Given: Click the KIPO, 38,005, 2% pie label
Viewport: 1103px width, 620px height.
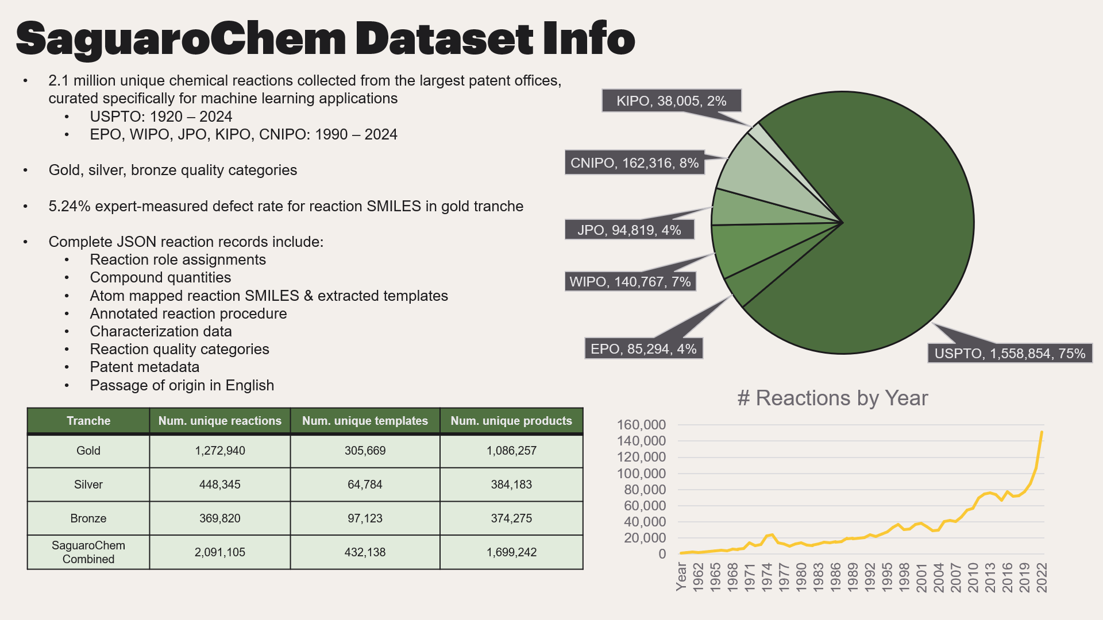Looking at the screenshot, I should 671,101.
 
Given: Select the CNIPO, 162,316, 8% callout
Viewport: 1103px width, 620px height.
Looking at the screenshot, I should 634,163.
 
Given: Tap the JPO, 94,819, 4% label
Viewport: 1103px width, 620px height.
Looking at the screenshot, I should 629,230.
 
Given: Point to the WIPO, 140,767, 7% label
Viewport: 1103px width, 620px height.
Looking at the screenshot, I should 630,282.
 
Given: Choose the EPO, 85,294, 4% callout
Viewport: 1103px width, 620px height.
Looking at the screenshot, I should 643,349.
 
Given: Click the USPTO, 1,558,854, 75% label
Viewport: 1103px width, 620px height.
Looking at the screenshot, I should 1009,354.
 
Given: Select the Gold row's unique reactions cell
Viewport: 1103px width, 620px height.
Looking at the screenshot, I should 220,451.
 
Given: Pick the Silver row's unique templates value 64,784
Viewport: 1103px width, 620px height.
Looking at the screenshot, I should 365,485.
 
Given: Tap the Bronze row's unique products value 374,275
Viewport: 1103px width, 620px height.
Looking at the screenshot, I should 511,519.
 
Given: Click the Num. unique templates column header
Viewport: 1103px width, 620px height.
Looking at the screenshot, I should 365,421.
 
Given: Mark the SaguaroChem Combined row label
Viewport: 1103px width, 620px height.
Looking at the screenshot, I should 88,552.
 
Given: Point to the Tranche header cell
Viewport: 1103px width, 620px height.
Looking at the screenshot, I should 88,421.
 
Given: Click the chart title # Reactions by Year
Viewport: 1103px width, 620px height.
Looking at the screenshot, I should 832,398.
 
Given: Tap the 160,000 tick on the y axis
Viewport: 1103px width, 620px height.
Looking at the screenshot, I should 641,425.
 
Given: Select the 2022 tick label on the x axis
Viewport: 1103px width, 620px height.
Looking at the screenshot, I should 1042,577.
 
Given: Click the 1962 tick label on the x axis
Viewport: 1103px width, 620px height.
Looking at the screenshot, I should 698,577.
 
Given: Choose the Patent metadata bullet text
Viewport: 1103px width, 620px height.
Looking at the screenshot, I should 145,367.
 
